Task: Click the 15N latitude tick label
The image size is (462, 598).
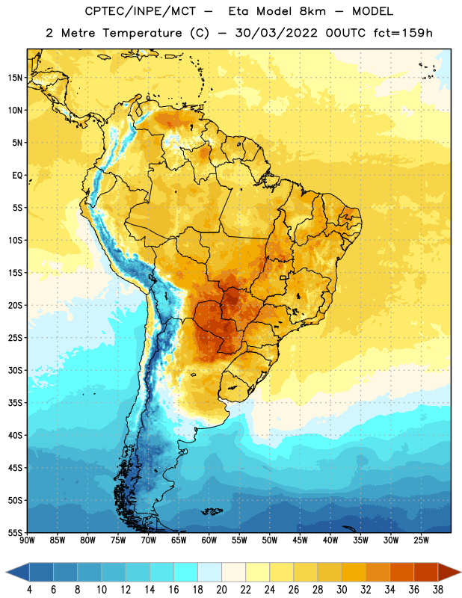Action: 15,78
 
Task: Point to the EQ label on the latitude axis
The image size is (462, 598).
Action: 17,176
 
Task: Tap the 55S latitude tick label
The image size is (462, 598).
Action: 15,532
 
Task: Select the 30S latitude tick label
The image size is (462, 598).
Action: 15,370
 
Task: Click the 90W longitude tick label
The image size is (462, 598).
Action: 27,540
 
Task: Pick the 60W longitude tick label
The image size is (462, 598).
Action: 209,540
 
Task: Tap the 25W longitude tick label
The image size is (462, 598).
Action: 421,540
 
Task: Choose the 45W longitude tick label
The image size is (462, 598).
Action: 300,540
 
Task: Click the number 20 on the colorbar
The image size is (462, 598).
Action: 221,590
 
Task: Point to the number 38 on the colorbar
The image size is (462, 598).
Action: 437,590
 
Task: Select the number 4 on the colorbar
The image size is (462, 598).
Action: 29,590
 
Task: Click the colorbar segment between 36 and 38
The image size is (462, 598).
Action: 426,572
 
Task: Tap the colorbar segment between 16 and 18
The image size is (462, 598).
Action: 186,572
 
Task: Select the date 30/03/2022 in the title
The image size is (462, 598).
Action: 276,33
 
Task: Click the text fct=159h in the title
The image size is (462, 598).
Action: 403,33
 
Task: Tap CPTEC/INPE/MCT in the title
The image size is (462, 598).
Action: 141,11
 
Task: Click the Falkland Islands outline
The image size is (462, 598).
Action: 212,511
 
